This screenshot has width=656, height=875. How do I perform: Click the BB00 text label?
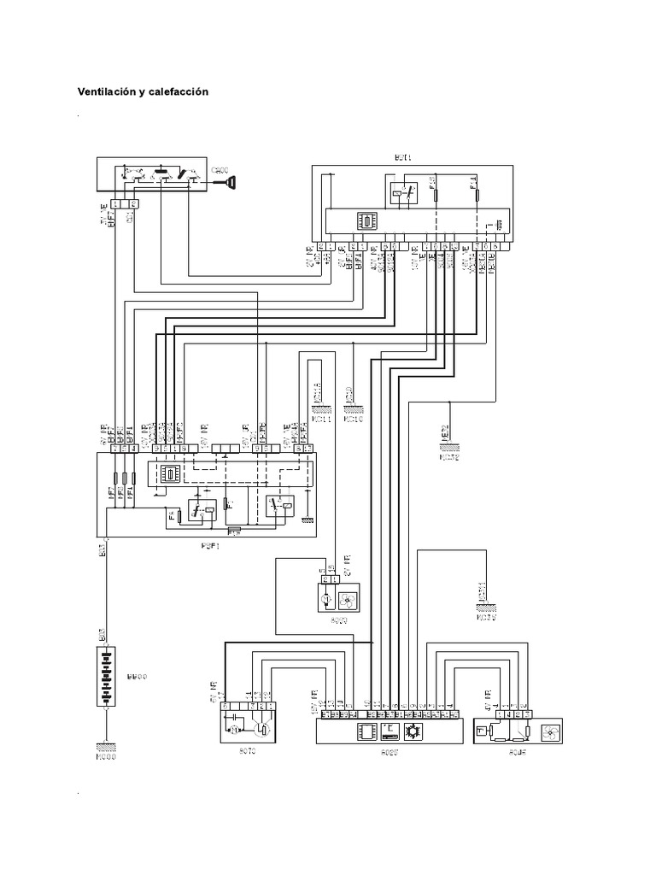[136, 677]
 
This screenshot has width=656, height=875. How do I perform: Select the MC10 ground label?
[354, 420]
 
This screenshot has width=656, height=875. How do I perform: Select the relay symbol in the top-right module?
[402, 194]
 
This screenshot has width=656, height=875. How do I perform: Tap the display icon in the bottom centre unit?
[389, 731]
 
